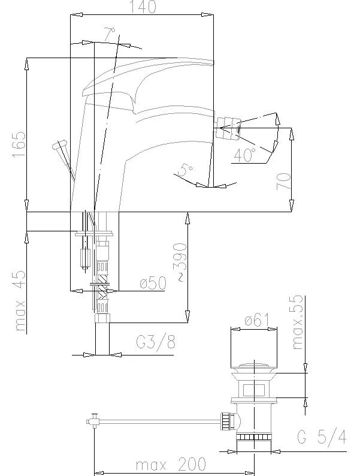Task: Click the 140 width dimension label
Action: (x=143, y=7)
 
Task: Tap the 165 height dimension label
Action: (x=19, y=144)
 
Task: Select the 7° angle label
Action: (x=110, y=34)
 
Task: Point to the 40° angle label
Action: (x=244, y=155)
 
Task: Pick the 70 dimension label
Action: (x=283, y=181)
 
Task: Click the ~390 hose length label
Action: (x=180, y=262)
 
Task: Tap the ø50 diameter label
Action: (x=153, y=283)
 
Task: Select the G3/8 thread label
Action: (x=155, y=342)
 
